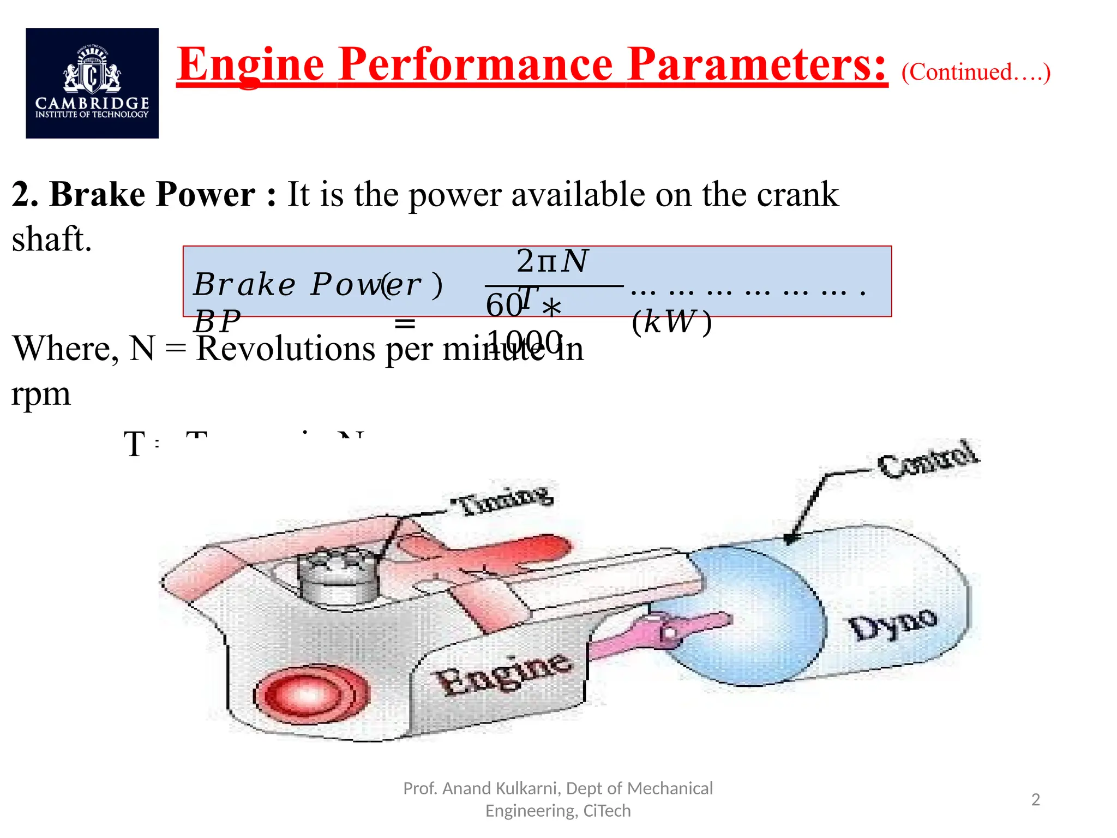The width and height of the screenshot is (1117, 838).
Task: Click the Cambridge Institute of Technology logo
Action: tap(92, 83)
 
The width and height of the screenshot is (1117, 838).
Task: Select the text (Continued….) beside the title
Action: tap(976, 72)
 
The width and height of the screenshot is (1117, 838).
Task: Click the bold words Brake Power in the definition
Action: tap(152, 194)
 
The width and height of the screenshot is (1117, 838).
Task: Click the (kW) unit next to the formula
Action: tap(671, 322)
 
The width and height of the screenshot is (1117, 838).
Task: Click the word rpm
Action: tap(41, 393)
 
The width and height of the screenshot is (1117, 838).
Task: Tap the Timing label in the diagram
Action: tap(502, 499)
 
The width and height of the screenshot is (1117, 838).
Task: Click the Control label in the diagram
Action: tap(928, 459)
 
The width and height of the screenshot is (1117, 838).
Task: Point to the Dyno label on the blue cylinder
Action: tap(893, 624)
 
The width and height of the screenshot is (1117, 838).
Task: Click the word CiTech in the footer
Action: tap(606, 811)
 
